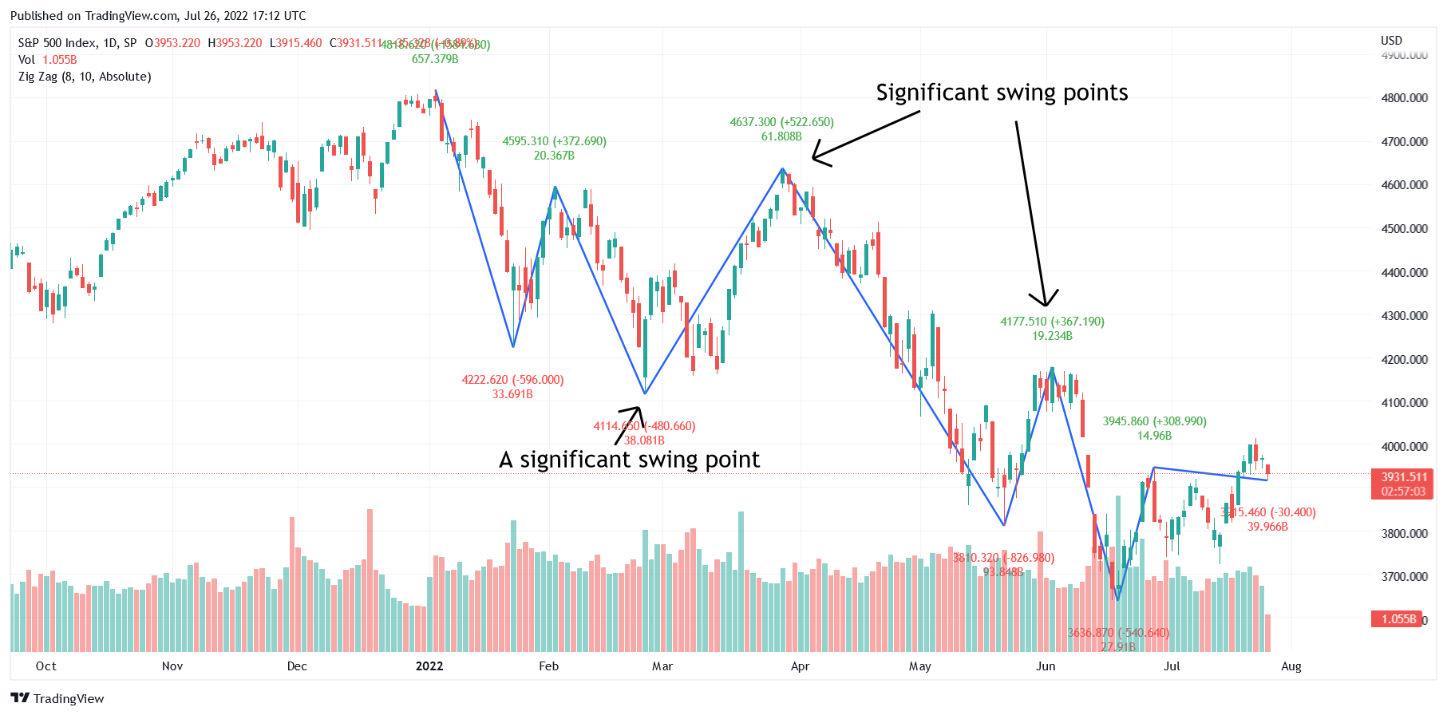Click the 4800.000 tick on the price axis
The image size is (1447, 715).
tap(1404, 98)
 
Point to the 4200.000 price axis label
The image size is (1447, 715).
tap(1404, 360)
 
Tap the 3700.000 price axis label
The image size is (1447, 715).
tap(1404, 577)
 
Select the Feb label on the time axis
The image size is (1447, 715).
tap(549, 666)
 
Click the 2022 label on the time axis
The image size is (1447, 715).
tap(429, 666)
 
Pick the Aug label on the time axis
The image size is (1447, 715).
tap(1291, 666)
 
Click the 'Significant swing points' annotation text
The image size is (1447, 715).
tap(1002, 93)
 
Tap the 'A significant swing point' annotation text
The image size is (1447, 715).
tap(629, 460)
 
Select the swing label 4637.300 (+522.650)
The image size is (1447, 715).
tap(781, 122)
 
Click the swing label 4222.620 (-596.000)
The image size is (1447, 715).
tap(512, 380)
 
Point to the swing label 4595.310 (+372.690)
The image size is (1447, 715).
tap(554, 141)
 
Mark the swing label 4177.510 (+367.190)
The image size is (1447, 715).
tap(1052, 322)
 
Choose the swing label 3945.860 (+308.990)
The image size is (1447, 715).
tap(1154, 421)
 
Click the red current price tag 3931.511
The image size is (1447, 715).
tap(1404, 477)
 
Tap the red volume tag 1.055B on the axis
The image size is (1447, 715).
tap(1398, 619)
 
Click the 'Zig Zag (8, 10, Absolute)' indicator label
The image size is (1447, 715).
tap(85, 77)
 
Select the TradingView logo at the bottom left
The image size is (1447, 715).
tap(57, 698)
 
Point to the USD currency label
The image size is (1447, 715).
tap(1391, 41)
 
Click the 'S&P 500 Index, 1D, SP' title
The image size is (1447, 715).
tap(77, 43)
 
